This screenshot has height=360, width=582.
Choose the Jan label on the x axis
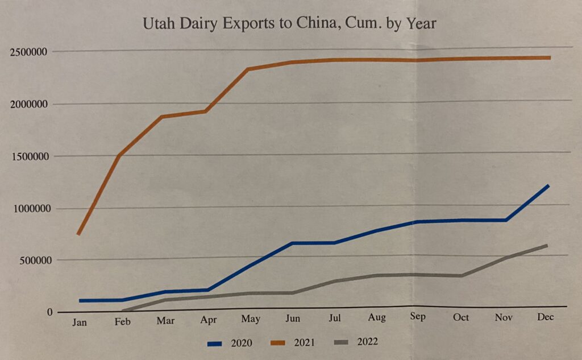click(x=80, y=322)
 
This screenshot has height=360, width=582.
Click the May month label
click(x=250, y=319)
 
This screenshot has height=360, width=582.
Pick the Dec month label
click(x=545, y=317)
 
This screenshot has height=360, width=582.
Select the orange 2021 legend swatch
click(x=280, y=343)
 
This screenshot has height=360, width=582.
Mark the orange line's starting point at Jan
click(x=78, y=233)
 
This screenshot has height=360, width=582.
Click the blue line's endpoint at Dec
click(x=548, y=185)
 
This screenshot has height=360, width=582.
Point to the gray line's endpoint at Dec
click(x=546, y=246)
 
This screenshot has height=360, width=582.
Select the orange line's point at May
click(x=248, y=69)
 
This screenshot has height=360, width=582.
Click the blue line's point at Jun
click(x=292, y=243)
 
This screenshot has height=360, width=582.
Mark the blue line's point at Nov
click(x=505, y=220)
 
